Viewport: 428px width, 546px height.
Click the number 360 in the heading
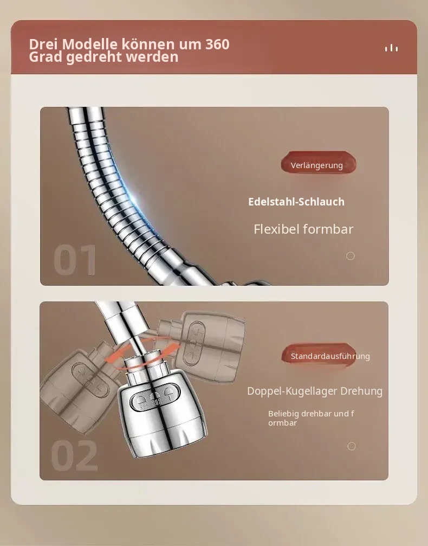(x=217, y=44)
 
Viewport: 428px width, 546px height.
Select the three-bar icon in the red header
(x=392, y=48)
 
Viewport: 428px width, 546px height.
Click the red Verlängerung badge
(x=319, y=162)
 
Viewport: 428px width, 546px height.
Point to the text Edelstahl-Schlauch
(x=296, y=202)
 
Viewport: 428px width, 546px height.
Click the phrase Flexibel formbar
(x=303, y=229)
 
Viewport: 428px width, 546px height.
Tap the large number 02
(x=74, y=455)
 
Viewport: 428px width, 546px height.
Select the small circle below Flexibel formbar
(x=351, y=256)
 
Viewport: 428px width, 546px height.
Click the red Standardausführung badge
(x=319, y=355)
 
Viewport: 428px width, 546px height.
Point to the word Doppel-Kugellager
(x=293, y=391)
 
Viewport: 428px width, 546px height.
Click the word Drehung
(x=361, y=391)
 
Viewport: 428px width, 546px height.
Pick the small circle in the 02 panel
(x=352, y=446)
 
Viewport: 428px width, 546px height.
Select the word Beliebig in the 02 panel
(x=283, y=414)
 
